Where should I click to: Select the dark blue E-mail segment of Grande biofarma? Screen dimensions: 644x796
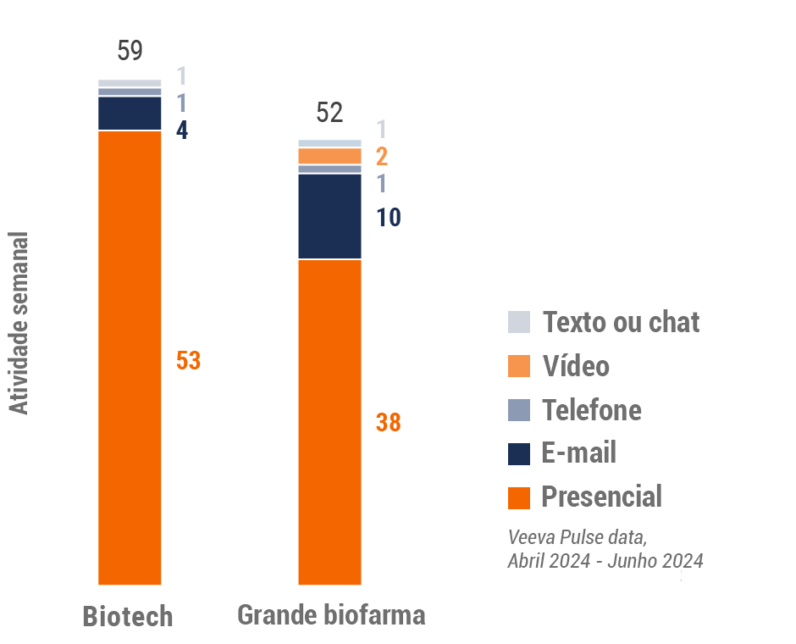coord(329,216)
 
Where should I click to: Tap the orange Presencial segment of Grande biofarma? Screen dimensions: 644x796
coord(329,422)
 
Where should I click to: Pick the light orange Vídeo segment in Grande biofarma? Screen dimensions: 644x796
coord(329,156)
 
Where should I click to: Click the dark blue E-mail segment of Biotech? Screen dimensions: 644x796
coord(130,113)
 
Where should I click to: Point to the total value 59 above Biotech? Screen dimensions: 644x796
coord(130,51)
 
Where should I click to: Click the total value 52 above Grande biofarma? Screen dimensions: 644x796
coord(329,112)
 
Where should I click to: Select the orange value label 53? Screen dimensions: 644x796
coord(188,360)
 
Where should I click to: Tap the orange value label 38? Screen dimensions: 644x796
coord(388,422)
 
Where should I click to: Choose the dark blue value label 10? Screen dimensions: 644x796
coord(389,218)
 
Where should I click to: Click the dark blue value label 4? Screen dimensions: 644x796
coord(182,131)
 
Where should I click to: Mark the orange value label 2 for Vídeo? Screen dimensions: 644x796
coord(382,156)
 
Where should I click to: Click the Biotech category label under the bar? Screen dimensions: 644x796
coord(128,616)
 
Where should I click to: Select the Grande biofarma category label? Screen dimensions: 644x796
coord(331,614)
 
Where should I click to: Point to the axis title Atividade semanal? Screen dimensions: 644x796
coord(19,324)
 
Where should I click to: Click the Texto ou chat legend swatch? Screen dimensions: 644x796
coord(519,322)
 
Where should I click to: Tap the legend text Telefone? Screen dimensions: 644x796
coord(591,410)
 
